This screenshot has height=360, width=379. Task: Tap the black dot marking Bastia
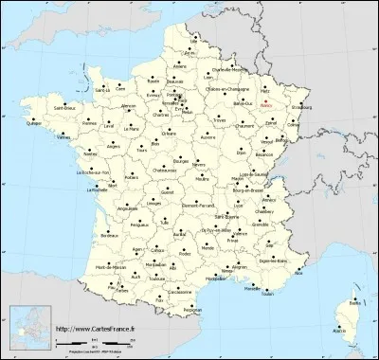tap(354, 292)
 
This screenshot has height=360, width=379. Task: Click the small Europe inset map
tap(28, 328)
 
